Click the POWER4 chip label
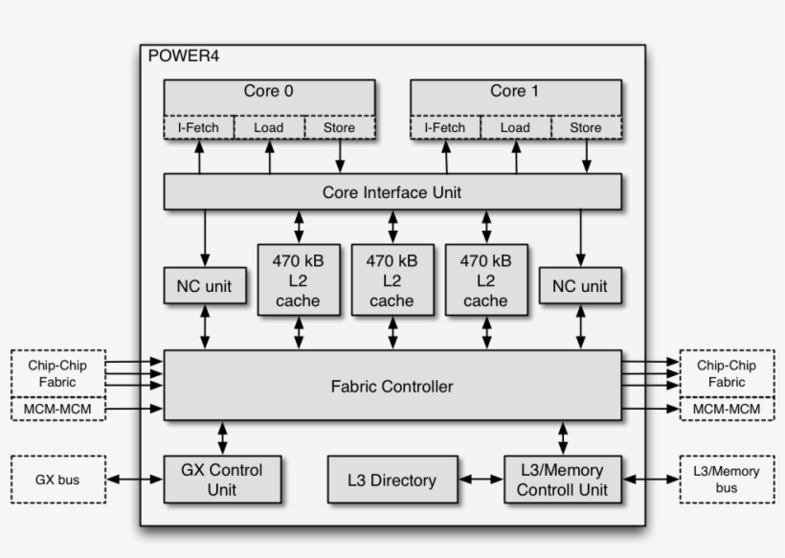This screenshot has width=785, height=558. click(x=184, y=56)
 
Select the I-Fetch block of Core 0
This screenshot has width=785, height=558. click(x=199, y=127)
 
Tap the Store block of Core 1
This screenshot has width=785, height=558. click(x=586, y=127)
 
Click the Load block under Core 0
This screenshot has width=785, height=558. click(x=269, y=127)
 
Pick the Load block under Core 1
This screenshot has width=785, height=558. click(x=515, y=127)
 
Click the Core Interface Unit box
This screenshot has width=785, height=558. click(x=392, y=192)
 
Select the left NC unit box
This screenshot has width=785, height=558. click(x=204, y=286)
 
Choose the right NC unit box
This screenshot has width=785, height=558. click(x=580, y=286)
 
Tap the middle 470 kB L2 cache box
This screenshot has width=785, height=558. click(x=392, y=280)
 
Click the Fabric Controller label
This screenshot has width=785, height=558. click(x=392, y=387)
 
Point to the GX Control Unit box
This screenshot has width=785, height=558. click(x=221, y=480)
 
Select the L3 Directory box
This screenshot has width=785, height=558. click(x=392, y=480)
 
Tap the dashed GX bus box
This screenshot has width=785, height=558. click(x=56, y=480)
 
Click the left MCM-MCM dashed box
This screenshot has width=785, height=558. click(x=56, y=410)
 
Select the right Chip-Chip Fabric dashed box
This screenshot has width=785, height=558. click(x=726, y=373)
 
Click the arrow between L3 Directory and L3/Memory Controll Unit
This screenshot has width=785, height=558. click(x=480, y=480)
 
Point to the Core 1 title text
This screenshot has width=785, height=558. click(x=514, y=92)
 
